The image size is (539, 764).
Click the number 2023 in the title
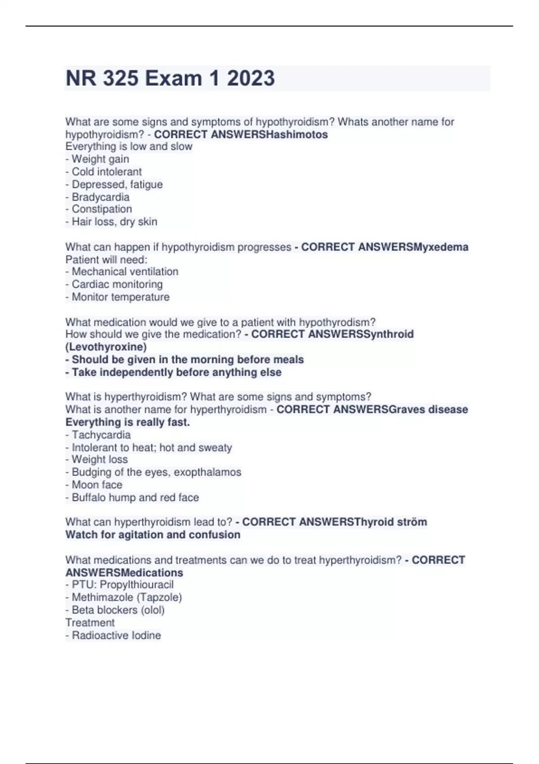(x=251, y=78)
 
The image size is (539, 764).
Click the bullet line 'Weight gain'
(x=97, y=159)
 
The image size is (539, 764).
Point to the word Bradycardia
(x=101, y=197)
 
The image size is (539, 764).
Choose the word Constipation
(x=102, y=209)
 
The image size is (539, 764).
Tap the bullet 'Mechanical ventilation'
(x=122, y=271)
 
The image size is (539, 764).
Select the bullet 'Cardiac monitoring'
(x=114, y=284)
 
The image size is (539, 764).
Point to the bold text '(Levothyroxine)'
(x=106, y=346)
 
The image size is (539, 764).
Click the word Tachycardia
(x=101, y=435)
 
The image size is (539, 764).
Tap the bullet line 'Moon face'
(x=94, y=484)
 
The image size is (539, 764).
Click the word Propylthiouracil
(x=137, y=584)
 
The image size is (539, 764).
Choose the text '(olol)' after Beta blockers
(x=152, y=610)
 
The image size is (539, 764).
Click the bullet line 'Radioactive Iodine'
(x=113, y=635)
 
